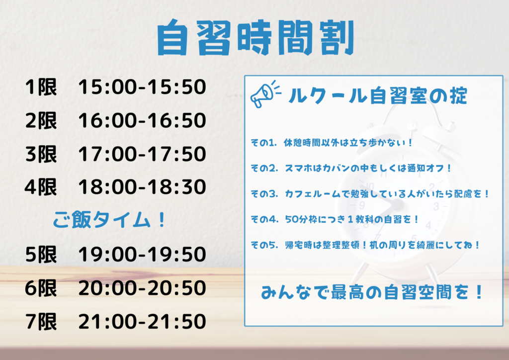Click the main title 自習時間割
[x=255, y=37]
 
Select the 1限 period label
[x=41, y=87]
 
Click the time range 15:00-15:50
[x=142, y=87]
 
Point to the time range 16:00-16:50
[x=142, y=120]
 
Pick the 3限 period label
[x=41, y=154]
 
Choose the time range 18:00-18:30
[x=142, y=187]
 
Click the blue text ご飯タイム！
[x=109, y=220]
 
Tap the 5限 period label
[x=41, y=254]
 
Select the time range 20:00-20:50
[x=142, y=288]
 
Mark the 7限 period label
[x=41, y=321]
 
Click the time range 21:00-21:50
[x=142, y=321]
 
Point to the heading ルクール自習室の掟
[x=378, y=96]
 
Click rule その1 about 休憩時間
[x=332, y=143]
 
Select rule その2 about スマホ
[x=351, y=168]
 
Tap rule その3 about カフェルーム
[x=370, y=194]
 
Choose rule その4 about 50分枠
[x=335, y=219]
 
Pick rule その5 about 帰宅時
[x=365, y=245]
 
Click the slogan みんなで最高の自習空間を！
[x=372, y=292]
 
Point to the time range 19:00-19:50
[x=142, y=254]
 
